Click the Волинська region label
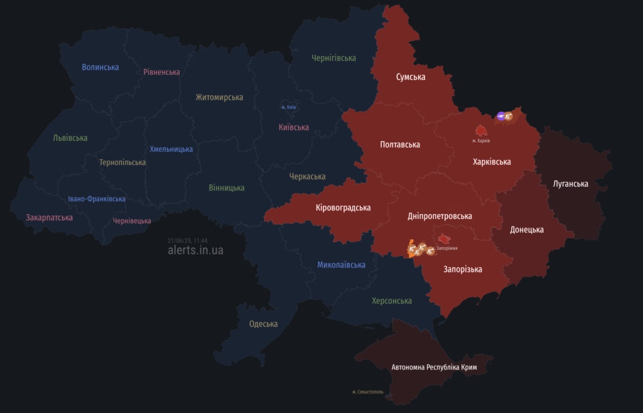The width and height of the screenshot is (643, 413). (100, 67)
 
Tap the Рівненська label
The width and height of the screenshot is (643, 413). (161, 72)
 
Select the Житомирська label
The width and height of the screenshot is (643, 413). (219, 97)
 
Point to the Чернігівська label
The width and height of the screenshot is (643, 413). (333, 58)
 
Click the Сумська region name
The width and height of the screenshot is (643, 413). (410, 77)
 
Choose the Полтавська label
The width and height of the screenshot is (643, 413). (400, 145)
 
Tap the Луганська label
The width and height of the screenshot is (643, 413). (570, 184)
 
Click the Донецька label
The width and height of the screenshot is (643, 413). (526, 230)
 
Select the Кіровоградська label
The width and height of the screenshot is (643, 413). (343, 208)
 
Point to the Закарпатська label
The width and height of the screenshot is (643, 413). (49, 218)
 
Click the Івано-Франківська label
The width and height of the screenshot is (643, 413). (97, 199)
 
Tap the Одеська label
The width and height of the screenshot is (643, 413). (263, 324)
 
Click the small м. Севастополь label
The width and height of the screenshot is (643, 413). (368, 392)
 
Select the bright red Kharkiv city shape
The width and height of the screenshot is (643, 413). (481, 131)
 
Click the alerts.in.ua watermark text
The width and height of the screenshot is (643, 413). (195, 250)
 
